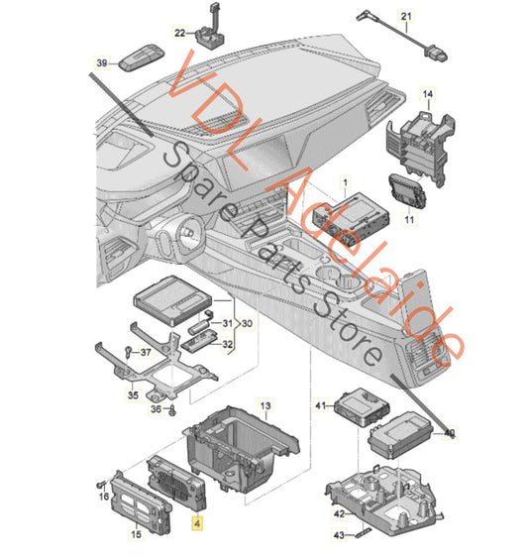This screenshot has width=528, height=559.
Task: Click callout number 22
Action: (x=180, y=35)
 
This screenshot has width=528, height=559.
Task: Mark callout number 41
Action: (x=320, y=405)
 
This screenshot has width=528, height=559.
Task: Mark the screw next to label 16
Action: (x=102, y=484)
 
